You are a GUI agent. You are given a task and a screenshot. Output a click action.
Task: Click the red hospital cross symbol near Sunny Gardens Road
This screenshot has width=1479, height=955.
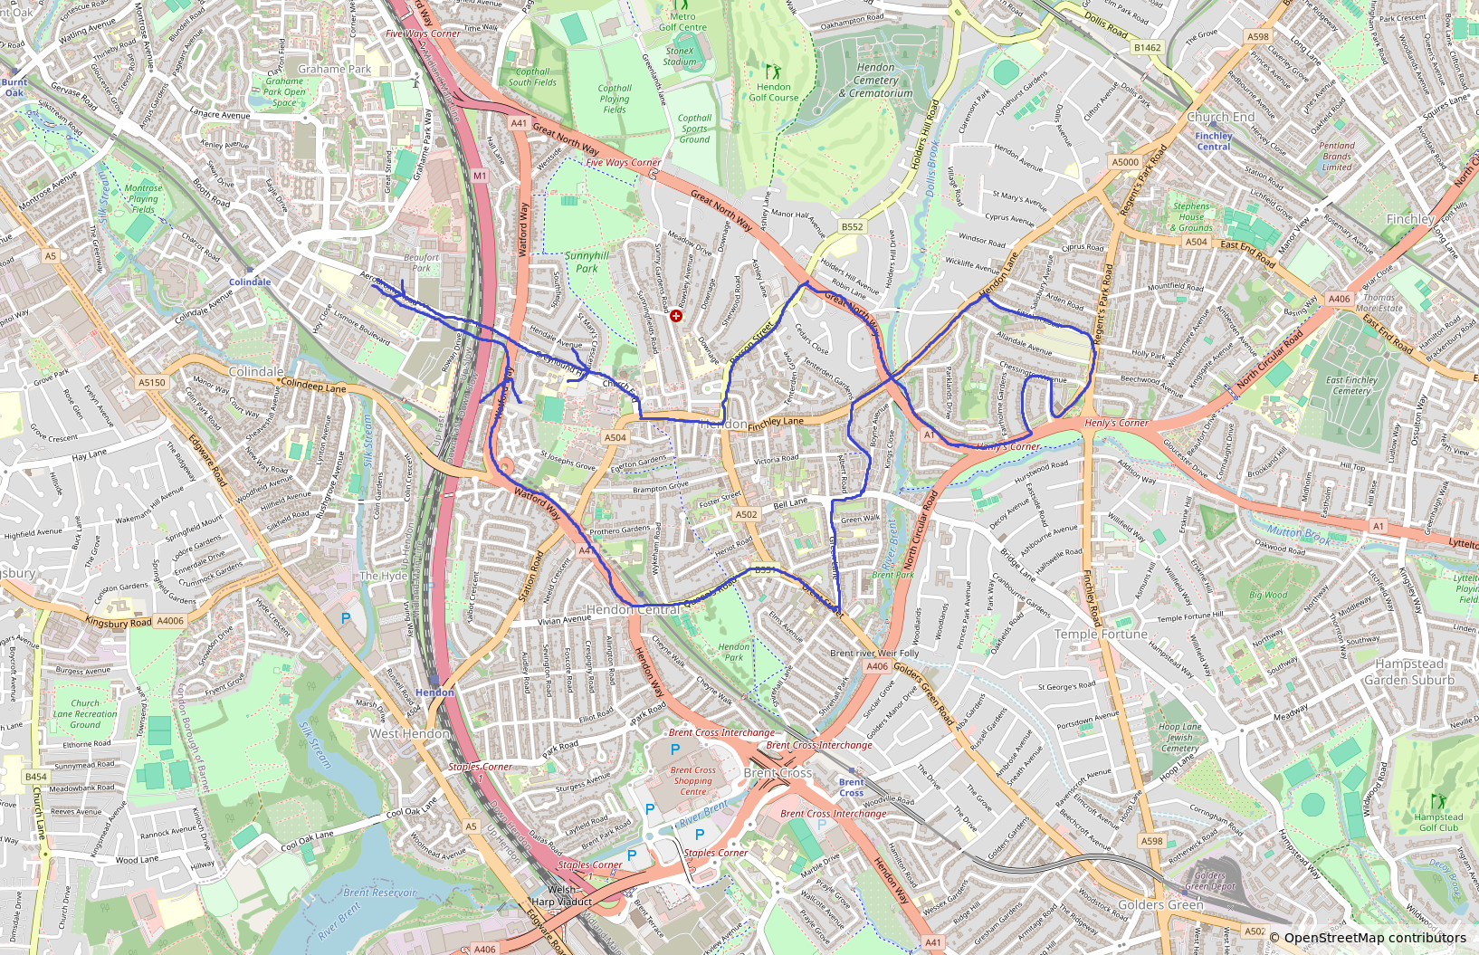click(675, 315)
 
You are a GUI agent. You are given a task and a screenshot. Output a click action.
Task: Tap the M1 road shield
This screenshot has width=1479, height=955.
click(480, 176)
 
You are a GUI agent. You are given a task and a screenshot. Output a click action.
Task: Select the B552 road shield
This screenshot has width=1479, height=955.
click(852, 227)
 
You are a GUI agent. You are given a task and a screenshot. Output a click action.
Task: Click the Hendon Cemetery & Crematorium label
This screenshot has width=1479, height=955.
click(875, 81)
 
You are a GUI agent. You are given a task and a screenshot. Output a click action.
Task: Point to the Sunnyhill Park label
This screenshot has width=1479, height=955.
click(587, 263)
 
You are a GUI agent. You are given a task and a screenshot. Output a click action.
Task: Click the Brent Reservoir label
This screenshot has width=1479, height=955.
click(380, 893)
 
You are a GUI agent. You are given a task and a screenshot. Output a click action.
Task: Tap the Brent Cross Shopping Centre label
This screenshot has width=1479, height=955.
click(693, 781)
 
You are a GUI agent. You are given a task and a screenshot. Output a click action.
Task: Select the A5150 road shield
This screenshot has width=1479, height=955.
click(152, 383)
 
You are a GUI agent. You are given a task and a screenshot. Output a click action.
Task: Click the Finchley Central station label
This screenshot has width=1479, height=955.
click(1213, 141)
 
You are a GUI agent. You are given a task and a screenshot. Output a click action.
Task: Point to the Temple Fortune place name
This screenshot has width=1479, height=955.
click(1101, 635)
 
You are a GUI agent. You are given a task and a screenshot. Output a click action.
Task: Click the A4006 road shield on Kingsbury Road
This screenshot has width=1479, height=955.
click(170, 621)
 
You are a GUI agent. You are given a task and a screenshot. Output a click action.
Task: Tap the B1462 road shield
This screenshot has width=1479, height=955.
click(1147, 48)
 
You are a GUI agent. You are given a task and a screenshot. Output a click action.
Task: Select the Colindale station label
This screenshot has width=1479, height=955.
click(250, 282)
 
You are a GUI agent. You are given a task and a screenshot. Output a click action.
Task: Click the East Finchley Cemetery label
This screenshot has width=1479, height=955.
click(1351, 386)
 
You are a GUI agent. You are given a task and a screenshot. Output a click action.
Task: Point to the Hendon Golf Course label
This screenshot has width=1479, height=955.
click(773, 91)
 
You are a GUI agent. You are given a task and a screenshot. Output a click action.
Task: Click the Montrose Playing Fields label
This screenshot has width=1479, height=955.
click(143, 198)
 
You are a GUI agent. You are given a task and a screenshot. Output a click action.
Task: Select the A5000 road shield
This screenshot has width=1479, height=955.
click(1125, 162)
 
